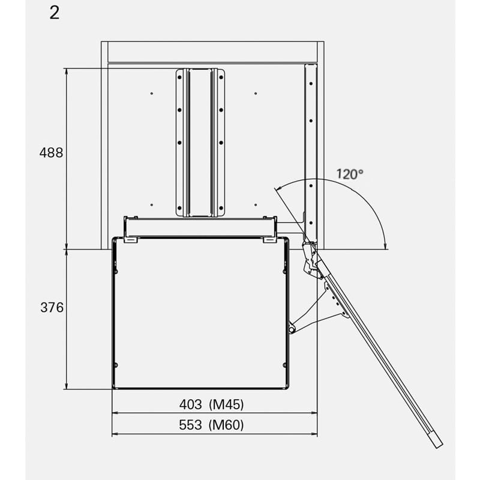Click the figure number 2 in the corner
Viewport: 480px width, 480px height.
[x=55, y=13]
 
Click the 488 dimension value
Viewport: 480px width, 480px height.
[x=51, y=152]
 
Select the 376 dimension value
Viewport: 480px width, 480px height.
[x=52, y=307]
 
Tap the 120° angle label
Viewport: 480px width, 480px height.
[x=350, y=174]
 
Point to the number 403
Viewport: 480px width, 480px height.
[x=190, y=404]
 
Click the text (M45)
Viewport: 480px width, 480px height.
[x=226, y=404]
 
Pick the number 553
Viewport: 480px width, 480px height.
[x=190, y=425]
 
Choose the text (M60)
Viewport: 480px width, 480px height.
[x=226, y=425]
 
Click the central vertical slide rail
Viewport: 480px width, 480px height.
[x=200, y=143]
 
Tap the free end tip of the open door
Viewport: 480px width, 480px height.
[x=439, y=445]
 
